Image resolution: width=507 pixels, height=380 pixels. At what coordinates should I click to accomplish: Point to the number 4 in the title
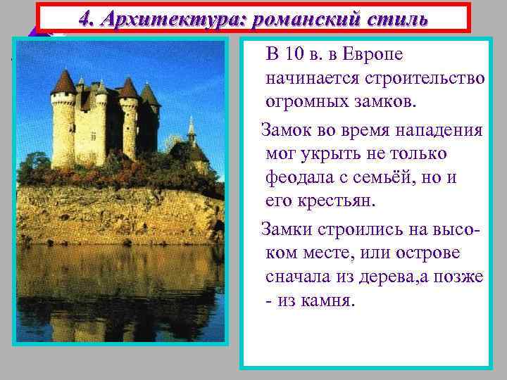(86, 18)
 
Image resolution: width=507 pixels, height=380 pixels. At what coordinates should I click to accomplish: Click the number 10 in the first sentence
(299, 55)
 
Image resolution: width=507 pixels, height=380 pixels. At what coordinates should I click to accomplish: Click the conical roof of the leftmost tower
(64, 82)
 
